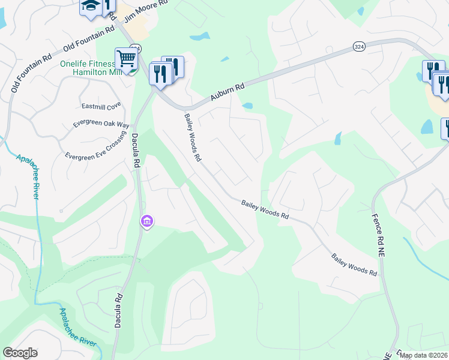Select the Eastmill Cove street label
coord(101,106)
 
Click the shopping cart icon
coord(127,59)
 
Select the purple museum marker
coord(147,222)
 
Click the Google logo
coord(20,353)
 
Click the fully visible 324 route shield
coord(359,47)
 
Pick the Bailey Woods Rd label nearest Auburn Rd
coord(193,138)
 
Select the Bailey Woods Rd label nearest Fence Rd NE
coord(355,265)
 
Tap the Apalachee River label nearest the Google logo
coord(77,327)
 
